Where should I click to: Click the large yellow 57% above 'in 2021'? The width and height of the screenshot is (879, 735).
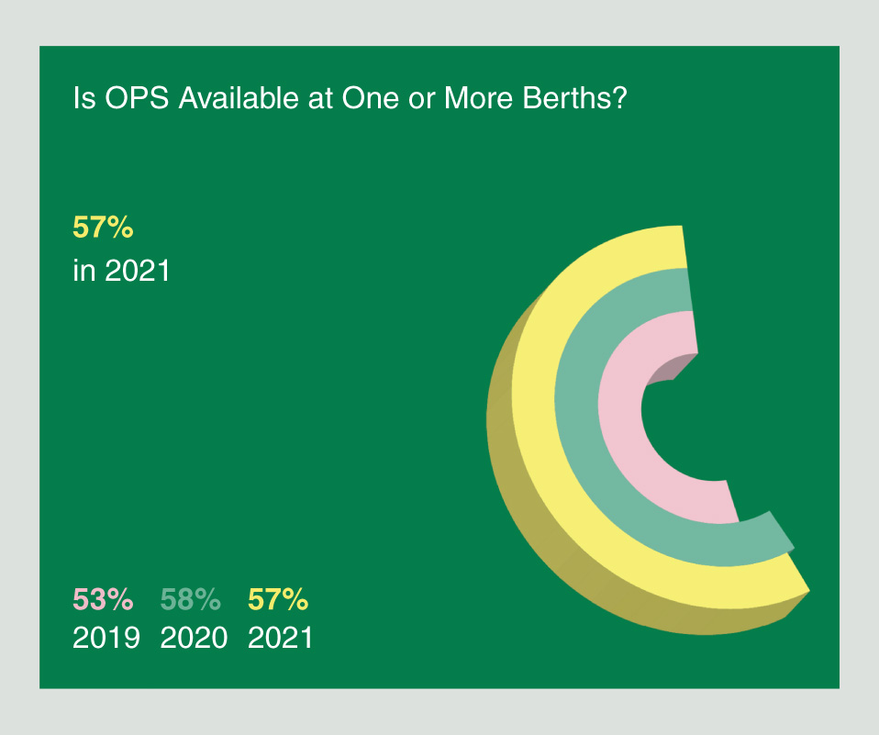point(104,228)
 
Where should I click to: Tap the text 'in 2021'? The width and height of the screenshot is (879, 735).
point(121,272)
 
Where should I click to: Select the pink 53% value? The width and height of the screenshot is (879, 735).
point(104,600)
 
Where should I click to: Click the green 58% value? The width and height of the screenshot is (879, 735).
point(191,600)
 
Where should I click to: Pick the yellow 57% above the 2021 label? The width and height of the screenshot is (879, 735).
point(278,600)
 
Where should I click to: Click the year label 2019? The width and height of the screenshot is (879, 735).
point(106,637)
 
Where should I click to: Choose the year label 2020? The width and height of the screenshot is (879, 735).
point(194,637)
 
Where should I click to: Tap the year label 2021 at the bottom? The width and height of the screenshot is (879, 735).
point(281,637)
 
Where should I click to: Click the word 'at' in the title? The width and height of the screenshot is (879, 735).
point(315,99)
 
